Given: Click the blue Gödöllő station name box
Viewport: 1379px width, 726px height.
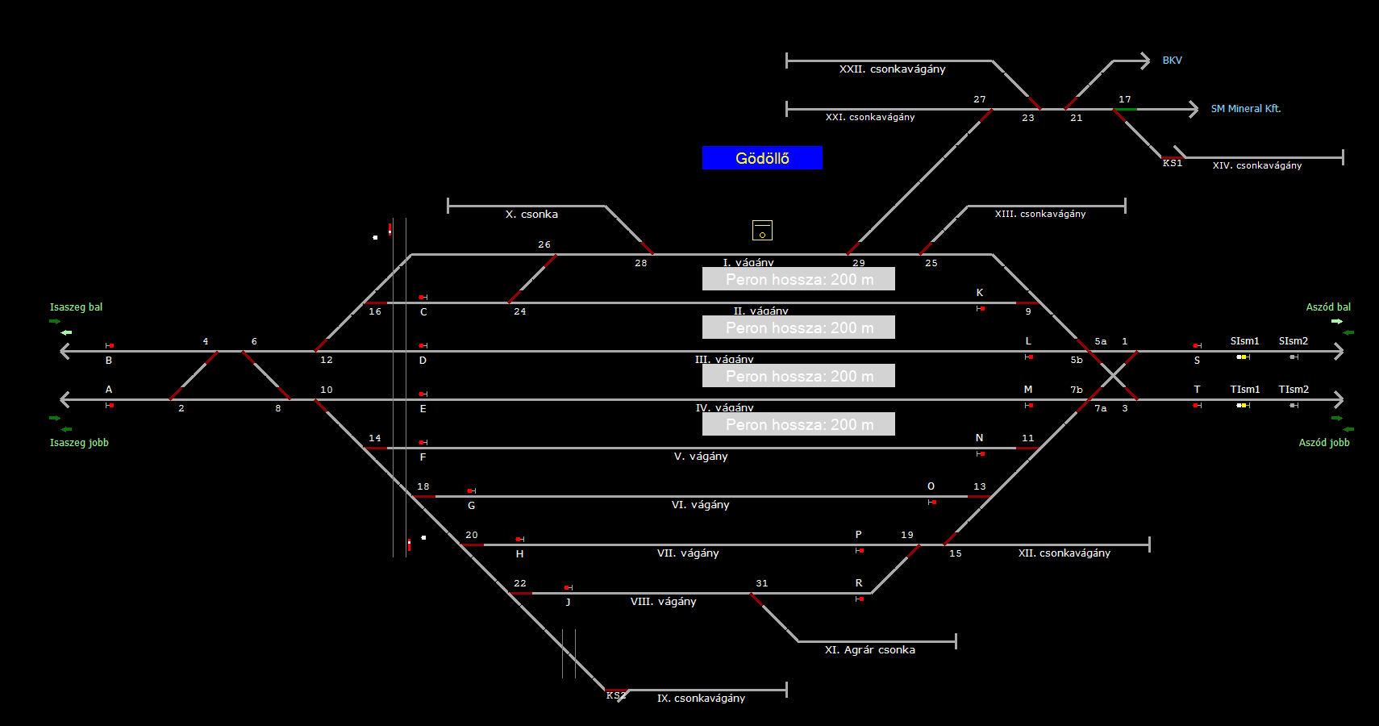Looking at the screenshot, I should [762, 158].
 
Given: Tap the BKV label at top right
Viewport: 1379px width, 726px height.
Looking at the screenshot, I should [1172, 60].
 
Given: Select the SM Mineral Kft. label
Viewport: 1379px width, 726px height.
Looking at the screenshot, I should [1245, 109].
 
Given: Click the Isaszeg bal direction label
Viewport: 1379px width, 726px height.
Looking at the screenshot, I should [76, 307].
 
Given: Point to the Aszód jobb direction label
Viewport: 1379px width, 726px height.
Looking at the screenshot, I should [1323, 443].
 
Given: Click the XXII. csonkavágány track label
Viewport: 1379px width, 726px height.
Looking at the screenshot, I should [892, 69].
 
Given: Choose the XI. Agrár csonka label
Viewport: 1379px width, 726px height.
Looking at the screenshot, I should [869, 650].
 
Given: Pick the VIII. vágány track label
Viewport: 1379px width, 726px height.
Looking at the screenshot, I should [663, 602].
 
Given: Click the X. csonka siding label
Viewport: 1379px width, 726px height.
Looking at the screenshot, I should [531, 215].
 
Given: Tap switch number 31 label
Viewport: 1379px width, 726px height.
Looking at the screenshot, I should [762, 583].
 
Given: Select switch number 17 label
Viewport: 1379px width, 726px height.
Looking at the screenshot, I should [1124, 99].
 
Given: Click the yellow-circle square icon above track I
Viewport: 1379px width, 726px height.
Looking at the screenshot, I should [762, 231].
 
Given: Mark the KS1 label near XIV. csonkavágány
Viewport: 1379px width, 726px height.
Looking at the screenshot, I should [1172, 164].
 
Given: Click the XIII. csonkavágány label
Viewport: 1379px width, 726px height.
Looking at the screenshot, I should [1039, 215].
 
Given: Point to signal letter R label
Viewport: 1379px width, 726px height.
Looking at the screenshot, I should [859, 583].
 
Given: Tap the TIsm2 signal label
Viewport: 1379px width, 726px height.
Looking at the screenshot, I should [1293, 390].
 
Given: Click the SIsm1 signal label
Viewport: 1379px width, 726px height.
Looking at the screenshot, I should [1244, 341].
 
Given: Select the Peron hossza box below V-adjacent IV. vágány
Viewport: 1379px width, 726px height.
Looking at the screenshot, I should [798, 424].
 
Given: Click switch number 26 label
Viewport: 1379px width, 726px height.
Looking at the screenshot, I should [544, 244].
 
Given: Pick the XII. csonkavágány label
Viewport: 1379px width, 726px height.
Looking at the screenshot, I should [1064, 553].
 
